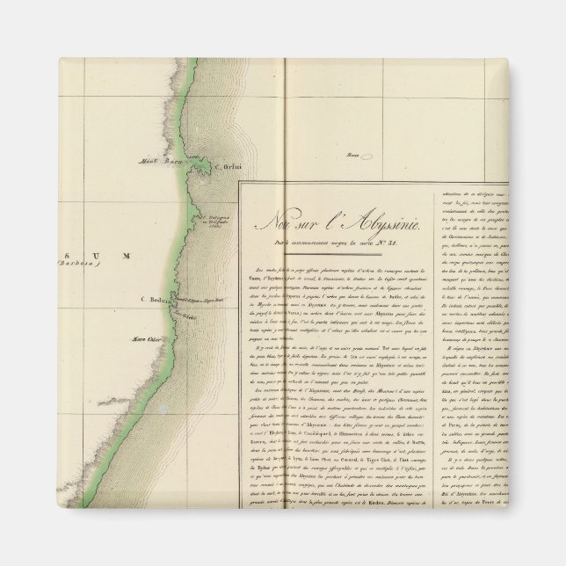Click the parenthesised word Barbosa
(x=76, y=264)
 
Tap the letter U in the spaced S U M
(x=94, y=256)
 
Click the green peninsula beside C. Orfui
(x=201, y=168)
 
